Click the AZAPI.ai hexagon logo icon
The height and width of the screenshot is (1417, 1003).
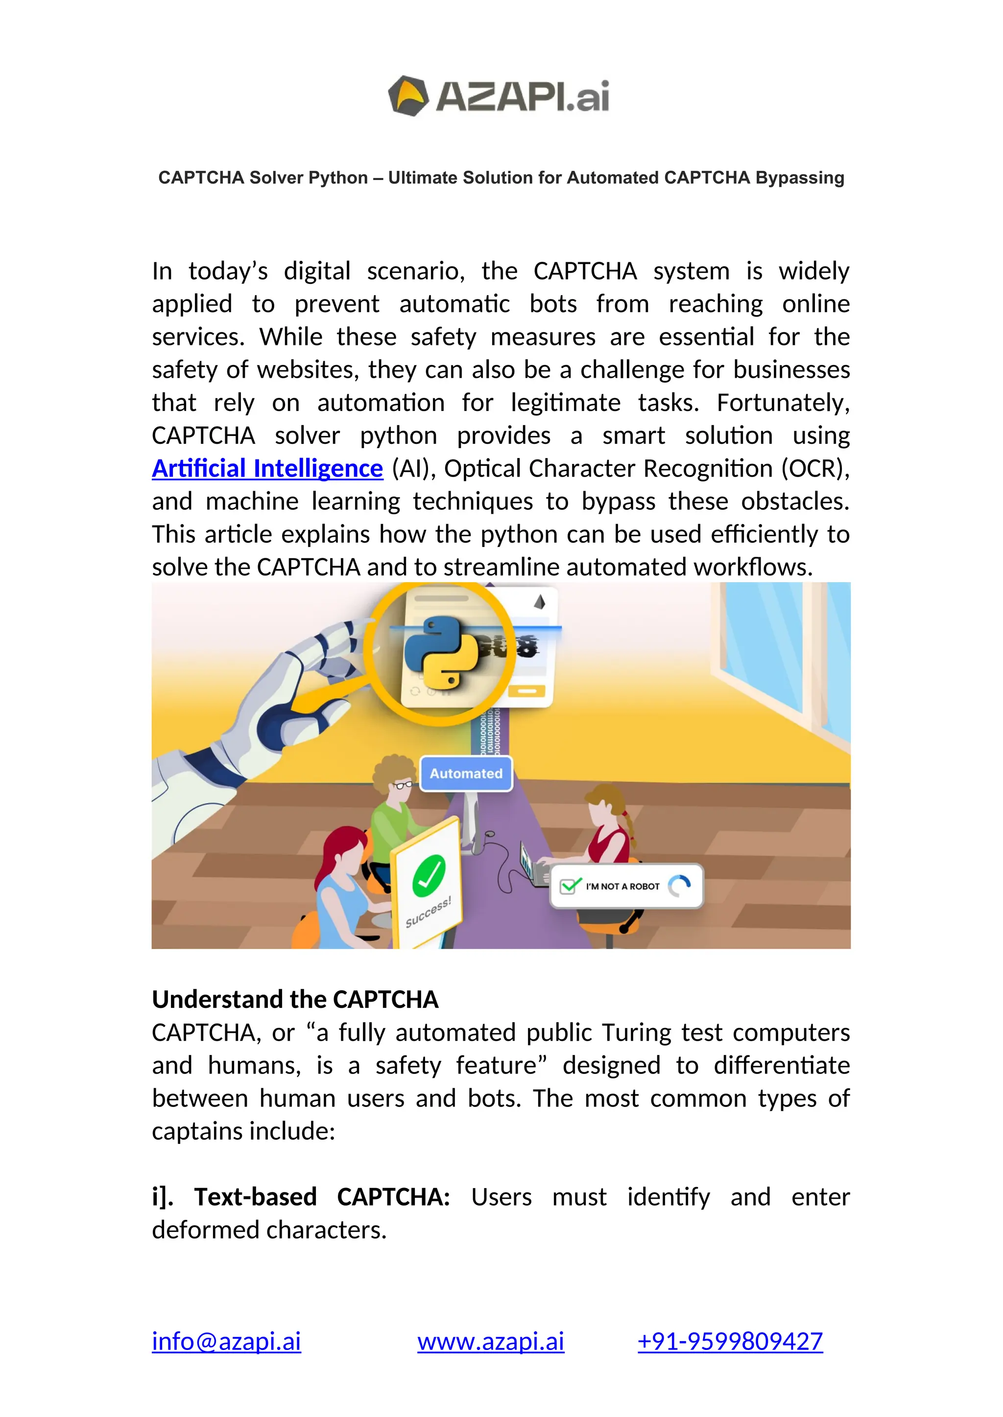[407, 96]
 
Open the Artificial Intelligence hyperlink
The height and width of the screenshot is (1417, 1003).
[267, 468]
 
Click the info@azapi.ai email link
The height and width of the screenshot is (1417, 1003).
[227, 1341]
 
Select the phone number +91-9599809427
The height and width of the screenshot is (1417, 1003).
[730, 1341]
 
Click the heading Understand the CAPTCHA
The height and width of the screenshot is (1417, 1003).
[295, 999]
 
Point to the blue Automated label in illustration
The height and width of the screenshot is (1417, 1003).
[466, 773]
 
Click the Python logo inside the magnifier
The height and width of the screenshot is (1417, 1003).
[441, 654]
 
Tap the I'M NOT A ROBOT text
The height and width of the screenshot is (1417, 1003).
[622, 886]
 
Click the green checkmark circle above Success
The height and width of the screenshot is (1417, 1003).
[429, 875]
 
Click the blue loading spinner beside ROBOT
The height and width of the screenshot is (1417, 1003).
[679, 886]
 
